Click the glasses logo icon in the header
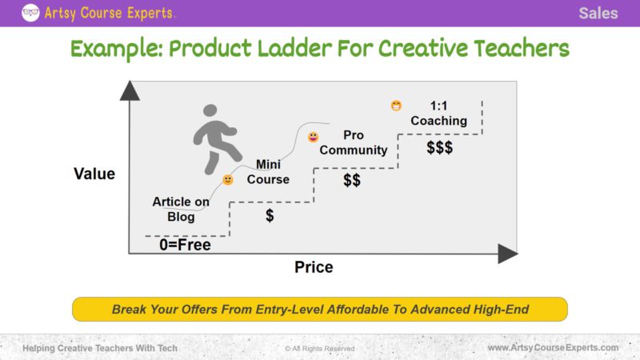(x=31, y=12)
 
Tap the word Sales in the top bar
(x=598, y=13)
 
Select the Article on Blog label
(x=181, y=209)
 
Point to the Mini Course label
(x=267, y=172)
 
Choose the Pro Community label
(x=353, y=142)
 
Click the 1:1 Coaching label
(x=438, y=114)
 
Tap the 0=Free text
(x=185, y=245)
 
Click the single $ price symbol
(x=270, y=216)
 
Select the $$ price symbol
(x=352, y=181)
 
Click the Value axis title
(x=94, y=174)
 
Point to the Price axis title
(x=314, y=267)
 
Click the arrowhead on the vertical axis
(x=129, y=90)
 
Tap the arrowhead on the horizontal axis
(x=508, y=254)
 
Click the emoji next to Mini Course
(x=228, y=180)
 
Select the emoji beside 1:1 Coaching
(x=396, y=106)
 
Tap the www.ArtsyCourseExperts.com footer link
(x=553, y=348)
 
